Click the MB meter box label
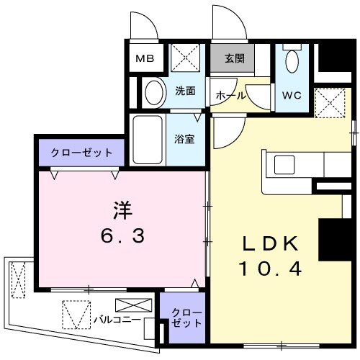coord(146,59)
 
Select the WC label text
coord(292,95)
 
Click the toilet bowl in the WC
coord(292,63)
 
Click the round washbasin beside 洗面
coord(152,91)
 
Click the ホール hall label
coord(230,95)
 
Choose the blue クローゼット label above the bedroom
coord(81,153)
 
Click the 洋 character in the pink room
coord(121,210)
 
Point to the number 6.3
coord(121,236)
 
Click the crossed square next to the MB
coord(188,58)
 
